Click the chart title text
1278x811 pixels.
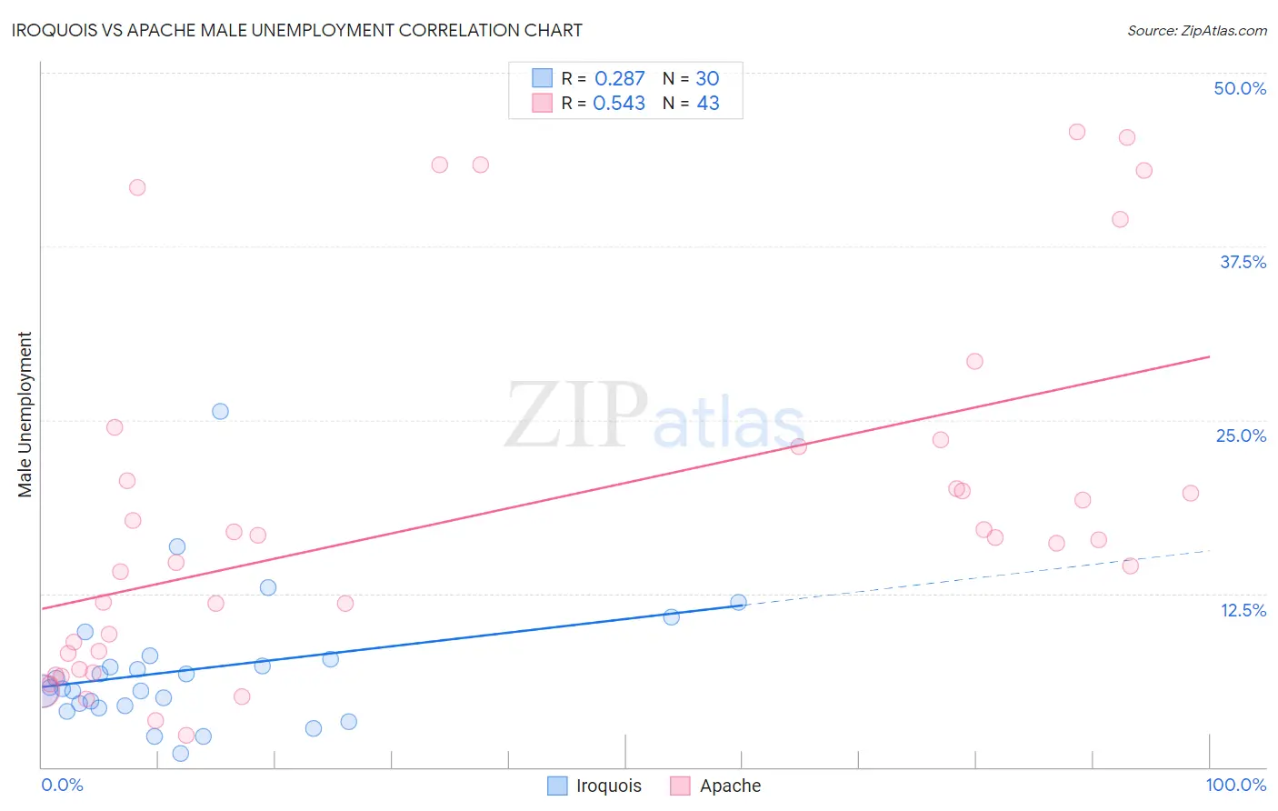tap(297, 30)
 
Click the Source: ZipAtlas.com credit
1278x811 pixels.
tap(1196, 31)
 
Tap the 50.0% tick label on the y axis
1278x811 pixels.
tap(1240, 88)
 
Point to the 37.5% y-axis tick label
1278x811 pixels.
tap(1243, 262)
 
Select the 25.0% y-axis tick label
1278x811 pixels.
tap(1241, 436)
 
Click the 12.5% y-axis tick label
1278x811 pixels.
tap(1243, 610)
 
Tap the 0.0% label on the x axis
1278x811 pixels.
tap(62, 785)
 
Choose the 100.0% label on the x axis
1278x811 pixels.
tap(1235, 785)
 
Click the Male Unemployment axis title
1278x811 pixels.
tap(25, 415)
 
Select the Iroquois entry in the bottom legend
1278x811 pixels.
tap(608, 786)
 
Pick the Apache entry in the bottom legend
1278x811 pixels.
tap(730, 786)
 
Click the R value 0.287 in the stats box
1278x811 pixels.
tap(619, 79)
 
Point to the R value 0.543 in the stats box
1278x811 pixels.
tap(619, 104)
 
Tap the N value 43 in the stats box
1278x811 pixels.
tap(708, 104)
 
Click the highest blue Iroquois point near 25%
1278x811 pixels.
tap(220, 411)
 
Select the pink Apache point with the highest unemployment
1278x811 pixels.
tap(1077, 132)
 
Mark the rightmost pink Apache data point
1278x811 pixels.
tap(1191, 493)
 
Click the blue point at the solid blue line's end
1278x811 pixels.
tap(738, 602)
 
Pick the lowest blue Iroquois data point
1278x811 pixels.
tap(180, 753)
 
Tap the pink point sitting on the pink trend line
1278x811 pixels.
tap(798, 446)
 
